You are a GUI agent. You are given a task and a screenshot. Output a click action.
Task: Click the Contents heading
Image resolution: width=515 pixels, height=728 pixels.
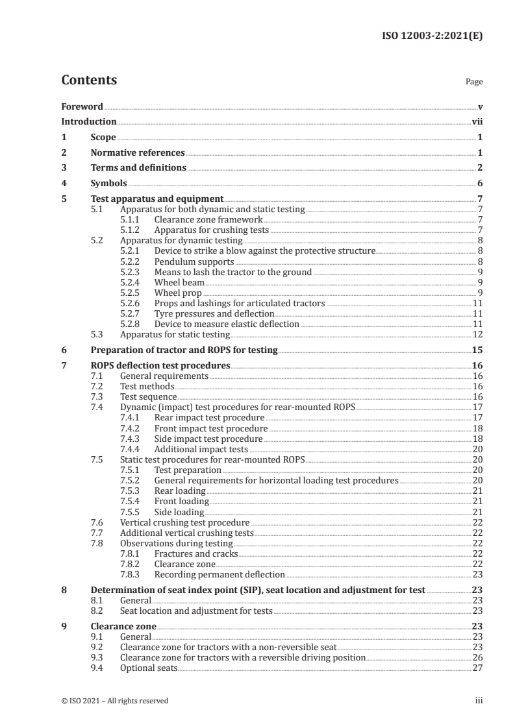pos(89,81)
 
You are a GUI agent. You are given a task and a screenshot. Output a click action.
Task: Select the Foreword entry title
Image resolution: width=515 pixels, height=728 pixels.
pos(82,106)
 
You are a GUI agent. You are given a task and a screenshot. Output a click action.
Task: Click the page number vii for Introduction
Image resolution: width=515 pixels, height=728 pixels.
pos(477,121)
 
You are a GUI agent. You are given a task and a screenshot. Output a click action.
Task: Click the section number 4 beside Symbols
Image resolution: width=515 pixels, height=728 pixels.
pos(64,184)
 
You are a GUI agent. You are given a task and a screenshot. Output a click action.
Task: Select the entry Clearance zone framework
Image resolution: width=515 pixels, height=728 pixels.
pos(208,220)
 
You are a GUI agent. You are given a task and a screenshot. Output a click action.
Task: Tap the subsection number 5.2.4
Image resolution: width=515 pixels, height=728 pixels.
pos(133,282)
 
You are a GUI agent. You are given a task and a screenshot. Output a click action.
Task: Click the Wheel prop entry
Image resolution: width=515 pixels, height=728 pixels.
pos(178,293)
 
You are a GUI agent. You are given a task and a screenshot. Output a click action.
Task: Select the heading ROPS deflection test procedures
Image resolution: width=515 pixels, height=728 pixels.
pos(160,366)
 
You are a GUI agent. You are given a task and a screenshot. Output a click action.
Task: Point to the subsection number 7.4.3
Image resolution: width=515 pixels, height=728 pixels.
pos(133,439)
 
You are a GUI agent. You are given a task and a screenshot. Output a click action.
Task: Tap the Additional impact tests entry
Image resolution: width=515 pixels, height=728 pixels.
pos(201,449)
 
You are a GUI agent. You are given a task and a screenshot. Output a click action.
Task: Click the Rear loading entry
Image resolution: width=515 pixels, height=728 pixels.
pos(180,491)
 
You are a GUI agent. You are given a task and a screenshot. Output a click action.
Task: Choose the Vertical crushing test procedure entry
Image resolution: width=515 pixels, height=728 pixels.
pos(185,522)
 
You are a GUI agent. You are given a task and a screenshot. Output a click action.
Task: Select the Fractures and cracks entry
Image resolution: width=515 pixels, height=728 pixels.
pos(196,553)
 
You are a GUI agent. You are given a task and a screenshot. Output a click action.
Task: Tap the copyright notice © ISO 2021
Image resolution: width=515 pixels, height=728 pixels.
pos(116,701)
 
